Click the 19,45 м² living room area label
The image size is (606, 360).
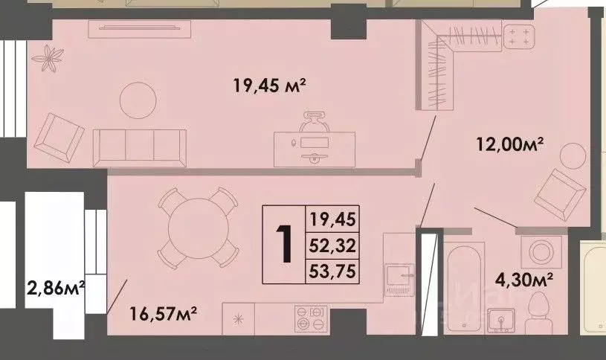[x=270, y=86]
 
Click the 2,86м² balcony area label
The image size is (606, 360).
[x=54, y=287]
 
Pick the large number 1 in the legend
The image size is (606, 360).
[x=284, y=245]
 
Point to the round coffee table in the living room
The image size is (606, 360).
[x=140, y=97]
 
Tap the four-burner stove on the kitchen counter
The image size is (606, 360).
[x=309, y=319]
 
